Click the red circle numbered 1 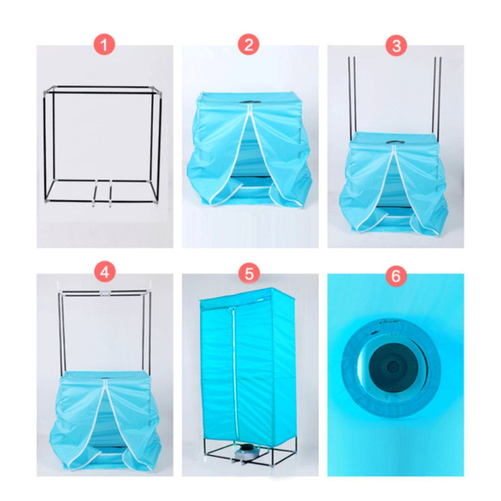tap(104, 45)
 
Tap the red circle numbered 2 tap(249, 45)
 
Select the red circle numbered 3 tap(396, 45)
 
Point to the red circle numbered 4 tap(104, 273)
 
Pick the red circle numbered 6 tap(396, 276)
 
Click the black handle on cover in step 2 tap(250, 103)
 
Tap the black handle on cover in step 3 tap(395, 142)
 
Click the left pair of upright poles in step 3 tap(352, 96)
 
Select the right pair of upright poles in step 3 tap(437, 96)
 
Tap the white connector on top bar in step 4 tap(104, 293)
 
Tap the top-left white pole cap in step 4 tap(59, 285)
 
